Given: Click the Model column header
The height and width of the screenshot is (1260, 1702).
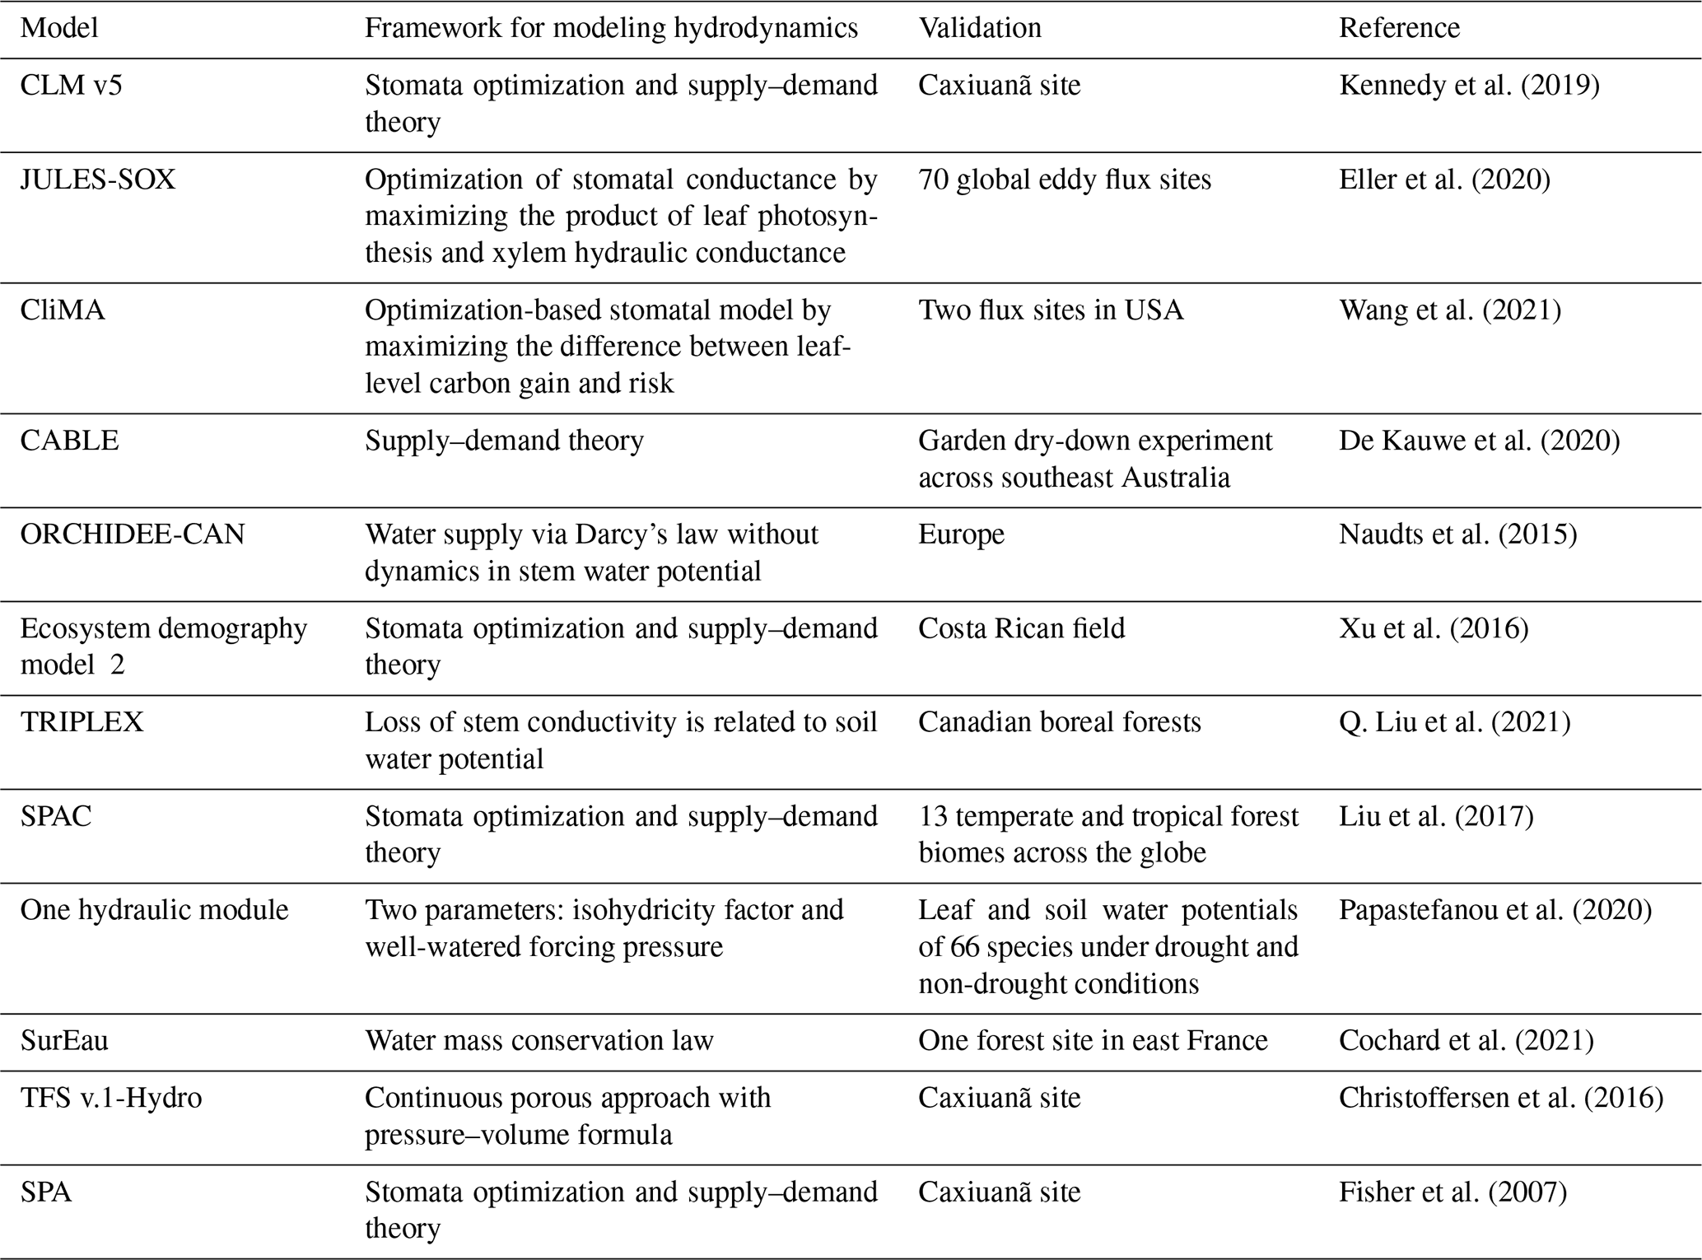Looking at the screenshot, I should pos(59,28).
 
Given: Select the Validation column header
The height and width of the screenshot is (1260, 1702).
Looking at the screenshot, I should pos(980,28).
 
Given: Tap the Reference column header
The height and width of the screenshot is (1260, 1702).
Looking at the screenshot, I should pos(1399,28).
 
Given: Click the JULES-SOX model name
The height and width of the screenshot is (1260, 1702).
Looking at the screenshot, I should pos(98,180).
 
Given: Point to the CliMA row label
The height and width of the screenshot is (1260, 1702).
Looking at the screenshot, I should pos(63,310).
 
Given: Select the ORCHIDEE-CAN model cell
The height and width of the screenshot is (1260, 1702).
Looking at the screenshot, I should pos(133,534).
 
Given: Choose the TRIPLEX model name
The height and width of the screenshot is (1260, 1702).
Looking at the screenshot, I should pos(82,722).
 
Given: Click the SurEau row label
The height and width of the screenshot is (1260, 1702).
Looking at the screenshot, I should pos(64,1041).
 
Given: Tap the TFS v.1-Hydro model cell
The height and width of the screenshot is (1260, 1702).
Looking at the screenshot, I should pos(111,1098).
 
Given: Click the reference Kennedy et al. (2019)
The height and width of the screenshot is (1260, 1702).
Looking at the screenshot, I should pos(1469,86).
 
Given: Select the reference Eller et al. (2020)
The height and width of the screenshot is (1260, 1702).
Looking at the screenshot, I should pos(1444,180).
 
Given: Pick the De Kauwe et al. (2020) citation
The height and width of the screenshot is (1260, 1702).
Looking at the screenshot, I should pos(1479,441).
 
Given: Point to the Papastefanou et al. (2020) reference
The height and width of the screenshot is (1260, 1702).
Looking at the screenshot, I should pos(1495,910).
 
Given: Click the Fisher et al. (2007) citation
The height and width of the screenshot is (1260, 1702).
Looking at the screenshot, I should pos(1453,1192).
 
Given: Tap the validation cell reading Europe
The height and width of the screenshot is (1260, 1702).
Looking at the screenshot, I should pos(962,534).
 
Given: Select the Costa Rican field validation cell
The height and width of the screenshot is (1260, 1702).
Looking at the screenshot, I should pos(1021,628).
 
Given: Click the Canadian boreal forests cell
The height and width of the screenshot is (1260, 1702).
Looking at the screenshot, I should pos(1060,722).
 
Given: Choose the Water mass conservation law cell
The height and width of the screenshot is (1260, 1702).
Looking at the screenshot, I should pos(539,1041).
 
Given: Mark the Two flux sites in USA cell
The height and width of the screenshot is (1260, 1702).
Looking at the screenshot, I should pos(1051,310).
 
